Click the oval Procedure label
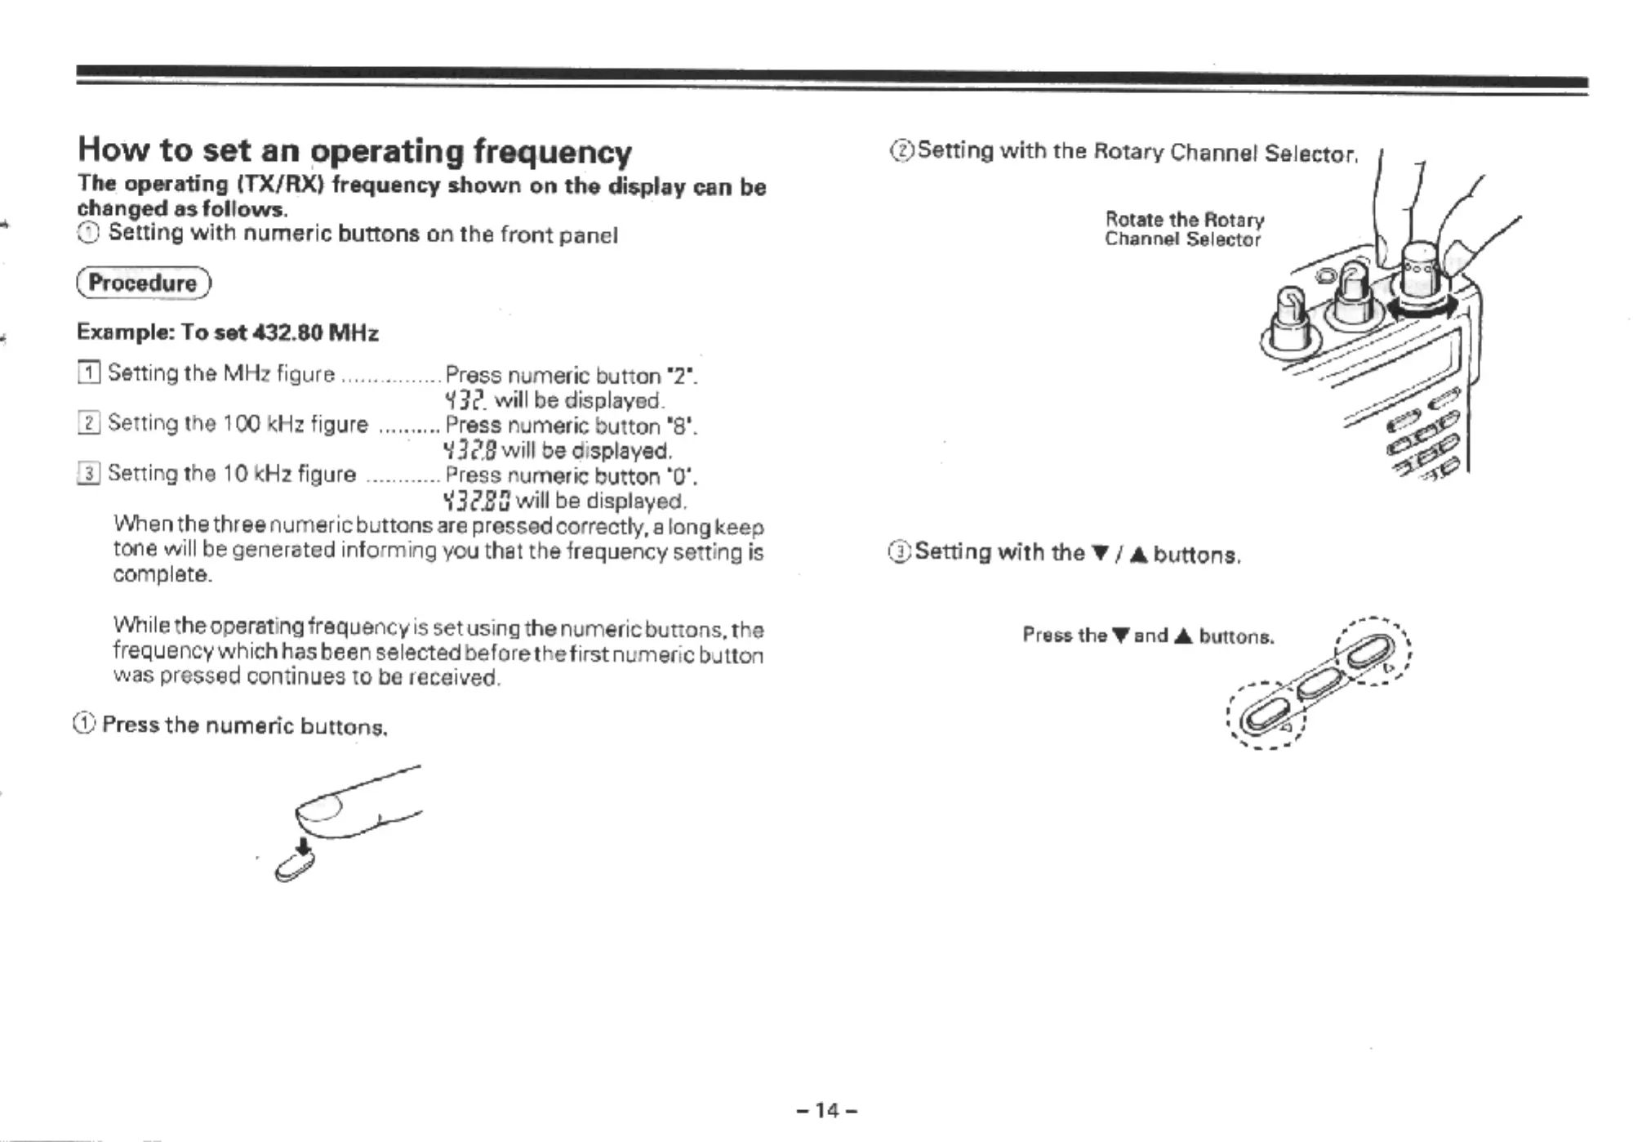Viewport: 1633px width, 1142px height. pyautogui.click(x=143, y=283)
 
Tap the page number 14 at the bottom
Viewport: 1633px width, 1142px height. pyautogui.click(x=827, y=1109)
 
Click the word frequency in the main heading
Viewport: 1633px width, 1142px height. pyautogui.click(x=553, y=152)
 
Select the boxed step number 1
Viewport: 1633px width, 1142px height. pyautogui.click(x=88, y=373)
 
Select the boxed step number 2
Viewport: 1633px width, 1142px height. pyautogui.click(x=88, y=423)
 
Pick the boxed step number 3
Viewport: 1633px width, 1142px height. pyautogui.click(x=88, y=473)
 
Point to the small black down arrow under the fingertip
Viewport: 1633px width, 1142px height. pyautogui.click(x=305, y=844)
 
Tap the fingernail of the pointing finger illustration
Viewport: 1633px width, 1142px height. pyautogui.click(x=318, y=809)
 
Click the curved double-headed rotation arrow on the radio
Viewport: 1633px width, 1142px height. pyautogui.click(x=1422, y=311)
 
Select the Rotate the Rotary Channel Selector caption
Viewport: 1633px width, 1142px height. pyautogui.click(x=1184, y=230)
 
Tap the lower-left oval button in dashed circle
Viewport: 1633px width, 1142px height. pyautogui.click(x=1262, y=715)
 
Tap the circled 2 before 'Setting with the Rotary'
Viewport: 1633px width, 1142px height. pyautogui.click(x=903, y=151)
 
